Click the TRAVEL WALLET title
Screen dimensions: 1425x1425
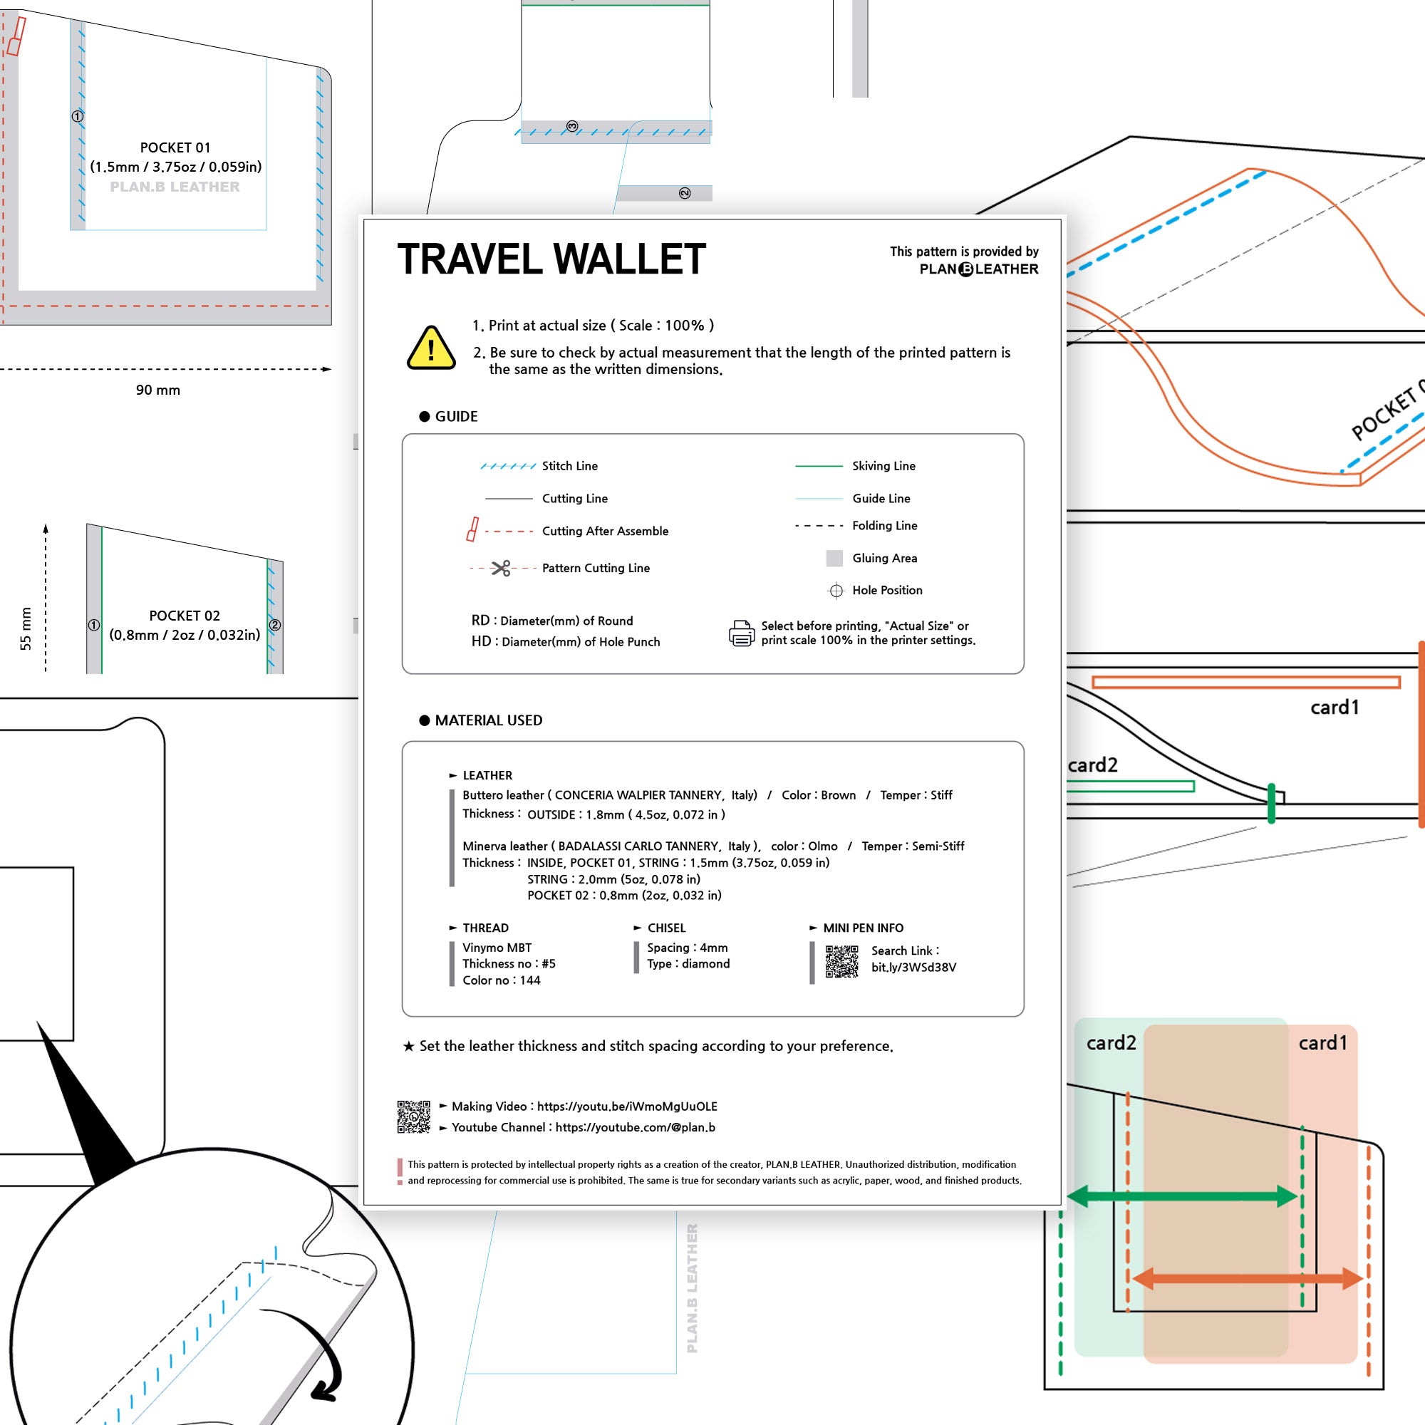[x=551, y=259]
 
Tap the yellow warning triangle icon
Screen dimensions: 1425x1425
[x=431, y=348]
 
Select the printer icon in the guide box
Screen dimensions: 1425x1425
[x=741, y=633]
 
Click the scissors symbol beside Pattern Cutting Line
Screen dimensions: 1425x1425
[x=502, y=568]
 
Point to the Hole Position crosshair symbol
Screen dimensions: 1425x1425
[x=836, y=590]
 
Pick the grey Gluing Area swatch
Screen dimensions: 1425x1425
[x=834, y=559]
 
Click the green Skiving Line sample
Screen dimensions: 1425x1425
[x=818, y=466]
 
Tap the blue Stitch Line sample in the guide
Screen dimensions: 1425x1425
[x=507, y=466]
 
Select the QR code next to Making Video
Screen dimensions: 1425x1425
[x=413, y=1116]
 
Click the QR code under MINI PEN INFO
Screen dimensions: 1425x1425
[x=841, y=962]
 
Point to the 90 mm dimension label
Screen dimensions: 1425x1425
[x=158, y=390]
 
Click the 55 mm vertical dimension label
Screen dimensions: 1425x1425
[x=26, y=628]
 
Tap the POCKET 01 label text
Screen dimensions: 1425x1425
[x=175, y=147]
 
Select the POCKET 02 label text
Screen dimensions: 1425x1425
[x=185, y=616]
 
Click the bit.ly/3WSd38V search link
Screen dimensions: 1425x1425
[x=913, y=967]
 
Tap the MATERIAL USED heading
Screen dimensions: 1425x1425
[x=488, y=720]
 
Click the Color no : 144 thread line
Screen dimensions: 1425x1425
[x=501, y=980]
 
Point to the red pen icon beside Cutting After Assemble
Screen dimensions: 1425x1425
[x=473, y=529]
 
